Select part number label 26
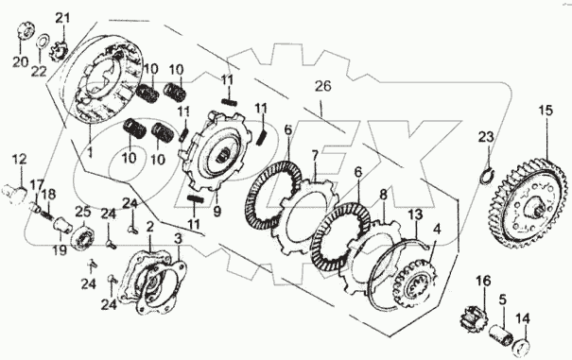[x=323, y=86]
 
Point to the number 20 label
[x=21, y=62]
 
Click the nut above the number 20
[x=25, y=32]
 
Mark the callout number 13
[x=417, y=214]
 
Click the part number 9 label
[x=217, y=213]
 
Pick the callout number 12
[x=19, y=160]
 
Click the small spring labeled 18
[x=45, y=213]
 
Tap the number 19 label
[x=61, y=250]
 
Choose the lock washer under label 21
[x=58, y=51]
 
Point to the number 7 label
[x=315, y=157]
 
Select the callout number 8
[x=383, y=195]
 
